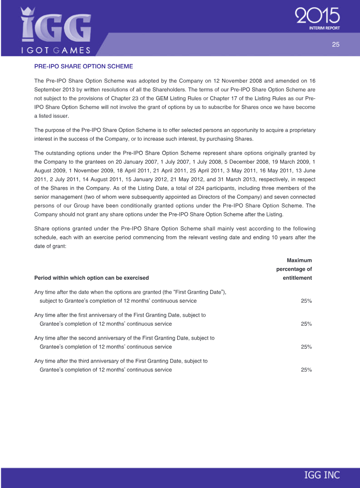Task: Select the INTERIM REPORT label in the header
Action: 324,28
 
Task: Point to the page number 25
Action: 335,44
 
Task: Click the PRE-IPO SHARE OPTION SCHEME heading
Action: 84,67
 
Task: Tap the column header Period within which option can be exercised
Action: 91,278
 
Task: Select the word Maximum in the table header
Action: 299,260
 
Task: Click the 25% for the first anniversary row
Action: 306,323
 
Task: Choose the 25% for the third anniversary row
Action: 306,370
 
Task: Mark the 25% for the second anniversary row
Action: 306,347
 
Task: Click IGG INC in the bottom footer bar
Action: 322,475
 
